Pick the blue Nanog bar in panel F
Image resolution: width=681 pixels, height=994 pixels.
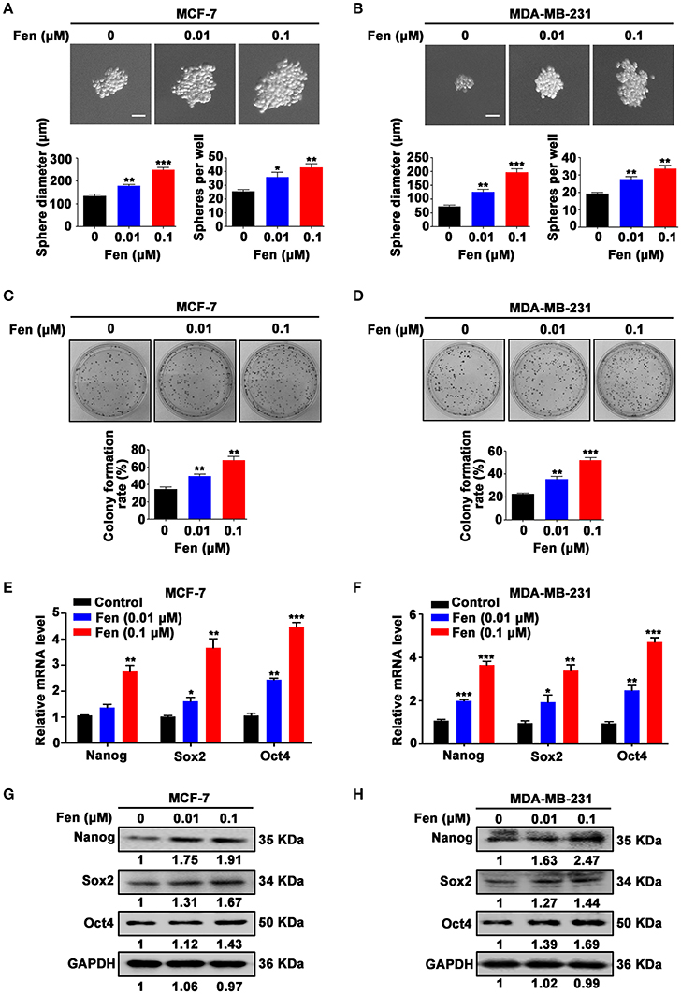tap(464, 721)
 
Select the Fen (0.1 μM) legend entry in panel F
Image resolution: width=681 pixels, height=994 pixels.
tap(481, 633)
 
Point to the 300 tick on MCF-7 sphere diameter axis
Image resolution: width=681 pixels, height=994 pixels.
tap(62, 158)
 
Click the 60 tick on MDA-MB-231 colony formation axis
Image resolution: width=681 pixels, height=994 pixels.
tap(495, 452)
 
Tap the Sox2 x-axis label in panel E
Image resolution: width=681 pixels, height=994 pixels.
tap(190, 756)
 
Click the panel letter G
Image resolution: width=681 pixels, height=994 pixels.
tap(8, 794)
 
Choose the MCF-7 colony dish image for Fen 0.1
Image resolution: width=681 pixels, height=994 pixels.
tap(280, 381)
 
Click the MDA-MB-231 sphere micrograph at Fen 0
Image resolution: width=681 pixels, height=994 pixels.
tap(465, 84)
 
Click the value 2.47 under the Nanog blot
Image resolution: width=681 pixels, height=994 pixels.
tap(587, 860)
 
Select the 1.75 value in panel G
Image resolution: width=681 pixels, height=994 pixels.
tap(186, 860)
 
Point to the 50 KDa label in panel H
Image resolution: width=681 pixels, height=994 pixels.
tap(639, 923)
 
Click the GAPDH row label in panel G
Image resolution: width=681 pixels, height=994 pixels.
tap(92, 963)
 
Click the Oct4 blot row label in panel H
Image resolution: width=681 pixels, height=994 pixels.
tap(456, 924)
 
